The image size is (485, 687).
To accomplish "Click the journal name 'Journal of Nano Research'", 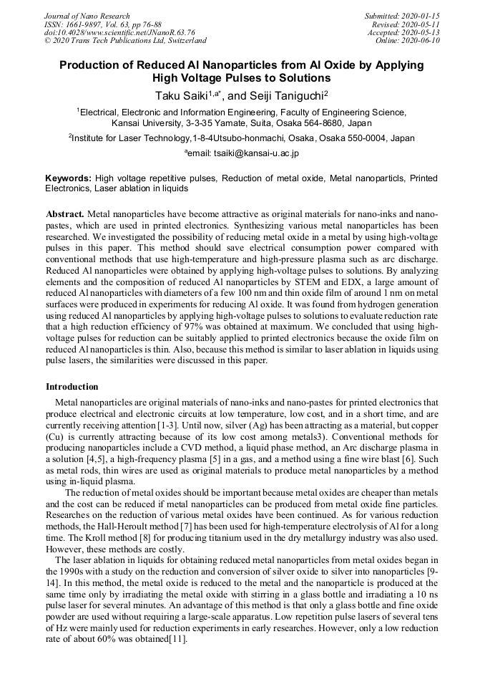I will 87,16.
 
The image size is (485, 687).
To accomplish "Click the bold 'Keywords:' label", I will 68,178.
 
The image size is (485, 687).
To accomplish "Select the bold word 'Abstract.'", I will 65,214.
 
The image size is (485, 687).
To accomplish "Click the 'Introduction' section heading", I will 72,387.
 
